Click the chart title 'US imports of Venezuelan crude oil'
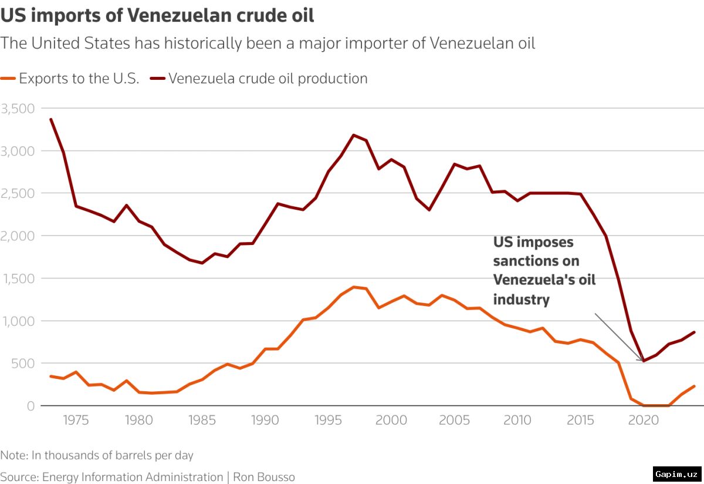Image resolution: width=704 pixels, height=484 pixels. pos(157,15)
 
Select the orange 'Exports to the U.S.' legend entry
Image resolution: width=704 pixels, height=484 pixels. pos(70,78)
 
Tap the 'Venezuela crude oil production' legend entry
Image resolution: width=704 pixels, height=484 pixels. pos(259,78)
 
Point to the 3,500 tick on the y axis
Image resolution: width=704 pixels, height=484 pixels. pos(18,109)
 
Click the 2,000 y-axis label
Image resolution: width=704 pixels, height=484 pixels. pos(18,236)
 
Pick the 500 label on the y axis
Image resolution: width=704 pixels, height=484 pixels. pos(23,364)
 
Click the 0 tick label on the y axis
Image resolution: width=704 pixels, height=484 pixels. pos(31,406)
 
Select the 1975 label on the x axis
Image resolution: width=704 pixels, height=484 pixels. pos(76,420)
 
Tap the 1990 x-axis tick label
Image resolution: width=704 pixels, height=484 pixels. pos(265,420)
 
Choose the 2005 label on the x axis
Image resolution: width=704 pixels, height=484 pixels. pos(454,420)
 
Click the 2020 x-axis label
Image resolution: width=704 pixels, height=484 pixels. pos(644,420)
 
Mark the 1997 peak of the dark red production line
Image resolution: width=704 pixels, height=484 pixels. pos(354,135)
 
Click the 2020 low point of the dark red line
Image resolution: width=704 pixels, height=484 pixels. pos(644,361)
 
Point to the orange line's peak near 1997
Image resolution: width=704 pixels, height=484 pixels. pos(354,287)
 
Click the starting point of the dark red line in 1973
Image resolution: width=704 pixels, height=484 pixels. pos(51,119)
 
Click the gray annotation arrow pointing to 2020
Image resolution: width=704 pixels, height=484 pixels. pos(618,337)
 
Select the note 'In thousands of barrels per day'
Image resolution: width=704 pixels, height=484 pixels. pos(113,455)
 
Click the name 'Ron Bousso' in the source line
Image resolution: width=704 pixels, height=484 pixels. pos(264,477)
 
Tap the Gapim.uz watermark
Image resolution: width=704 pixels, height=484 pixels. pos(677,474)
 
